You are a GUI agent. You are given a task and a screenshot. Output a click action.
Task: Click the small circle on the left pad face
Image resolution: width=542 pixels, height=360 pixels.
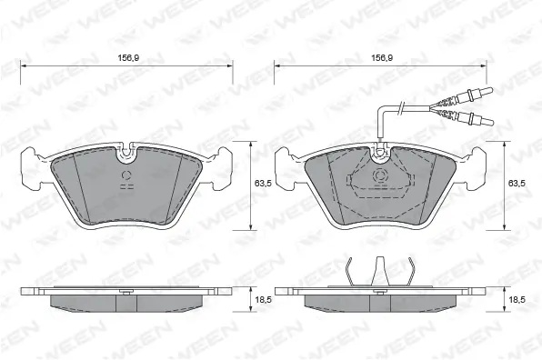click(x=126, y=174)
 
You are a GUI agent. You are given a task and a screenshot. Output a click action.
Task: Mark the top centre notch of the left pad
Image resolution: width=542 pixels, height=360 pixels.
click(x=126, y=147)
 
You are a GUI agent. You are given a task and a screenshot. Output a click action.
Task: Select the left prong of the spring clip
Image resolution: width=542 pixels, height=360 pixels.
click(x=350, y=269)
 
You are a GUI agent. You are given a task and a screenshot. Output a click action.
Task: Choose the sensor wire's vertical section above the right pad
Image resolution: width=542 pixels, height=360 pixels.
click(x=381, y=125)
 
